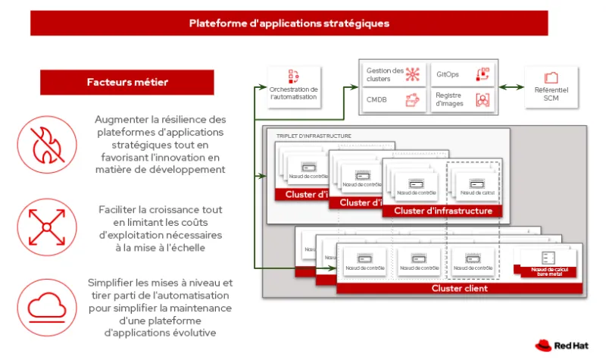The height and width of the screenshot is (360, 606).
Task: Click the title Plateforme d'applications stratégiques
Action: pyautogui.click(x=289, y=23)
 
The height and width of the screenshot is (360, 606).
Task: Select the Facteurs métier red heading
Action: pyautogui.click(x=127, y=82)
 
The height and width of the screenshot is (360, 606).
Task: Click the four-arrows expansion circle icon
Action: pyautogui.click(x=47, y=225)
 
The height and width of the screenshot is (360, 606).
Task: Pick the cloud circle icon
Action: pyautogui.click(x=47, y=305)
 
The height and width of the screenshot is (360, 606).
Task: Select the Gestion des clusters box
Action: pyautogui.click(x=391, y=74)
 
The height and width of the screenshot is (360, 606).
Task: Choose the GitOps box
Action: pyautogui.click(x=463, y=74)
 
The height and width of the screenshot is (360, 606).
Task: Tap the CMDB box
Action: pyautogui.click(x=391, y=100)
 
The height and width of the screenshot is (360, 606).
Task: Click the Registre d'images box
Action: pyautogui.click(x=463, y=100)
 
